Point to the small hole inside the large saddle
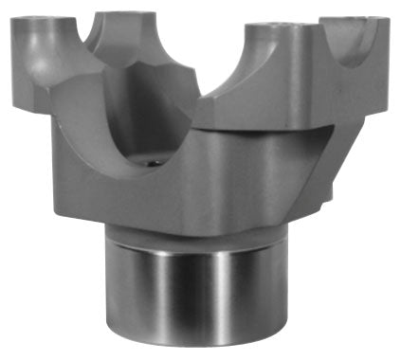click(149, 163)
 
